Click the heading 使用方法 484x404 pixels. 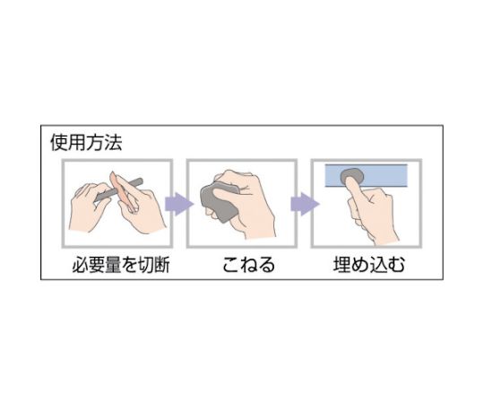86,143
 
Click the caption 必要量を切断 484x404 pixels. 121,265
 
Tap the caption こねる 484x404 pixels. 248,265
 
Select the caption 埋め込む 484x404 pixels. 369,265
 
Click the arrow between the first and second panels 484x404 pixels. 179,204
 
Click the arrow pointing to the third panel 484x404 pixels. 305,204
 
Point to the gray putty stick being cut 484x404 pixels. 119,189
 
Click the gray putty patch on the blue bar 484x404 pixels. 352,176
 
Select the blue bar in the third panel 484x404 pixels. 366,176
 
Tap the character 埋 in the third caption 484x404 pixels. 342,265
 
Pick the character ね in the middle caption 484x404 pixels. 248,265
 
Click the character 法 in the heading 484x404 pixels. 113,143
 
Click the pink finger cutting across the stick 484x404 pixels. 123,191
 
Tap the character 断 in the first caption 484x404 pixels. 161,265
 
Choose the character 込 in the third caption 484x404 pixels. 378,265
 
